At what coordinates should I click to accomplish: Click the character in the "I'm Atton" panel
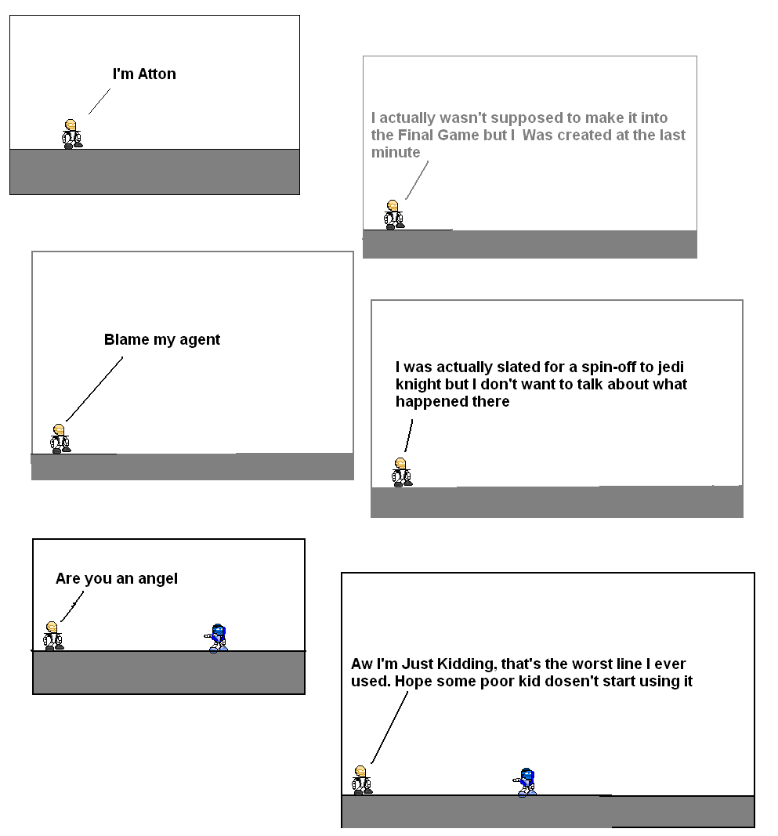pyautogui.click(x=72, y=134)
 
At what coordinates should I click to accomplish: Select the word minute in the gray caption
pyautogui.click(x=396, y=152)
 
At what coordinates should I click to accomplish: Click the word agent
pyautogui.click(x=200, y=341)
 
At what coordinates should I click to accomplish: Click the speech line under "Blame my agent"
pyautogui.click(x=94, y=389)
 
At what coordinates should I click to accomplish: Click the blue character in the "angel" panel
pyautogui.click(x=218, y=638)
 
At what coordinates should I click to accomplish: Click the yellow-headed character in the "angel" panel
pyautogui.click(x=52, y=635)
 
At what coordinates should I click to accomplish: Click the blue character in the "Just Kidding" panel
pyautogui.click(x=527, y=782)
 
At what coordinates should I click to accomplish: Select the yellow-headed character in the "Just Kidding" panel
pyautogui.click(x=361, y=780)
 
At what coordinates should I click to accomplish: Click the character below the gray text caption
pyautogui.click(x=394, y=214)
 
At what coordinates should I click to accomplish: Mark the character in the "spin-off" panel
pyautogui.click(x=402, y=472)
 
